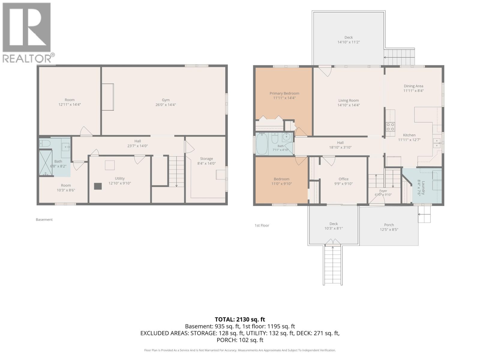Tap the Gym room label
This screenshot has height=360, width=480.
[166, 100]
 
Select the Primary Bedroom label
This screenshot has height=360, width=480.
[284, 93]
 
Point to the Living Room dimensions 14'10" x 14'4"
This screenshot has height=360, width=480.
[349, 105]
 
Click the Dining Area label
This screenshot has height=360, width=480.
[413, 86]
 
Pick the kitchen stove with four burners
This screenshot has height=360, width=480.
[390, 127]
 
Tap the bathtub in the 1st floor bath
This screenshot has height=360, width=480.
[262, 144]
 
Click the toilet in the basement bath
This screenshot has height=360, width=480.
[45, 143]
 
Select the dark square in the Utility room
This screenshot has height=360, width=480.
[98, 186]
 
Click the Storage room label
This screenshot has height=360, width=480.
[206, 159]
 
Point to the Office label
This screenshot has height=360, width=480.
[343, 179]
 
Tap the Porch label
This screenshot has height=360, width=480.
[389, 225]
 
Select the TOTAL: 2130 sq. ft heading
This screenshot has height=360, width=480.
[240, 319]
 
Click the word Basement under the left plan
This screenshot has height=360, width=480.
[44, 220]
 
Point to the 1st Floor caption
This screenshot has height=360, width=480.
[262, 225]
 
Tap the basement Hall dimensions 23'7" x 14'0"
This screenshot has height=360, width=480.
[137, 146]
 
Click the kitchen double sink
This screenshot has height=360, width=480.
[437, 143]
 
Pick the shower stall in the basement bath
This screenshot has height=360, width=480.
[46, 163]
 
